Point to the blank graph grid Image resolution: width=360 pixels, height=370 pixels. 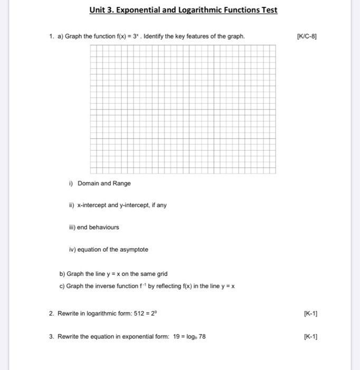pos(183,109)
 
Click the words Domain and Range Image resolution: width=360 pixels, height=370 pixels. pos(104,183)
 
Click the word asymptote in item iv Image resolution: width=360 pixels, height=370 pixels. pos(135,249)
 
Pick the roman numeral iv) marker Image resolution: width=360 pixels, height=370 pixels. pos(72,249)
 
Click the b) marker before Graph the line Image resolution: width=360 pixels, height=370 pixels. pos(62,274)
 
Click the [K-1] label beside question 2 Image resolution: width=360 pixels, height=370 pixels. pos(310,313)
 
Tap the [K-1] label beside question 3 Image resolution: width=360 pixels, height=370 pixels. pos(310,336)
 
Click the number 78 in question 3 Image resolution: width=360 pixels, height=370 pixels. pos(201,336)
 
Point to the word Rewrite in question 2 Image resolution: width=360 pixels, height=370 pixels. pos(68,313)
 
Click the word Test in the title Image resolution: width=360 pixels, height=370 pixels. pos(268,10)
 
